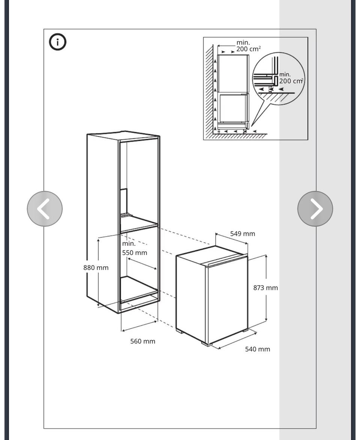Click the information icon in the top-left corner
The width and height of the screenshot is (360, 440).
58,42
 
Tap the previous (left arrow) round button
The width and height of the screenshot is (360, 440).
45,209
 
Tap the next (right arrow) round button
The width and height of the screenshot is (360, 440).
315,209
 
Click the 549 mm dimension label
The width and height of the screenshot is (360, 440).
243,234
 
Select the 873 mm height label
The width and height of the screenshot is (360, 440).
265,288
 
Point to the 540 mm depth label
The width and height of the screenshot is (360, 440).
258,349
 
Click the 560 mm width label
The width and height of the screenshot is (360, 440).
142,341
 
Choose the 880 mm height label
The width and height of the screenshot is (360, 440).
96,268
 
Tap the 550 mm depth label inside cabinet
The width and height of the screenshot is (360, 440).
135,253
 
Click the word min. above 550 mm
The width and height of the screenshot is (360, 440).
129,243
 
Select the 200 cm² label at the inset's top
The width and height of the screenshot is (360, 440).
249,49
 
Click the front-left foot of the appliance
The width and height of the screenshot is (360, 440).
180,332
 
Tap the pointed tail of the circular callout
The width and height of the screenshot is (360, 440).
252,126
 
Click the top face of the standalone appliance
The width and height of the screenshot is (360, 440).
212,254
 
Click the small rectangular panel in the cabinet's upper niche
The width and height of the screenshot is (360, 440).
124,201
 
